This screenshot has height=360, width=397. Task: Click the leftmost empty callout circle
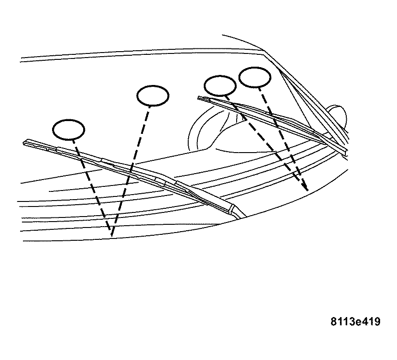(x=69, y=130)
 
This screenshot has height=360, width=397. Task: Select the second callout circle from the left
(x=153, y=95)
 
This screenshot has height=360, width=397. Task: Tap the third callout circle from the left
(x=220, y=85)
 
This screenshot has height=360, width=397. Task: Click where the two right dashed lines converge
(x=306, y=190)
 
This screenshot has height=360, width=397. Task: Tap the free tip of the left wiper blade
(x=26, y=143)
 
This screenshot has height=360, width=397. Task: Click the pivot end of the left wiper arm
(x=235, y=211)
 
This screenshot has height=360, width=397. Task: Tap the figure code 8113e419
(x=355, y=321)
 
